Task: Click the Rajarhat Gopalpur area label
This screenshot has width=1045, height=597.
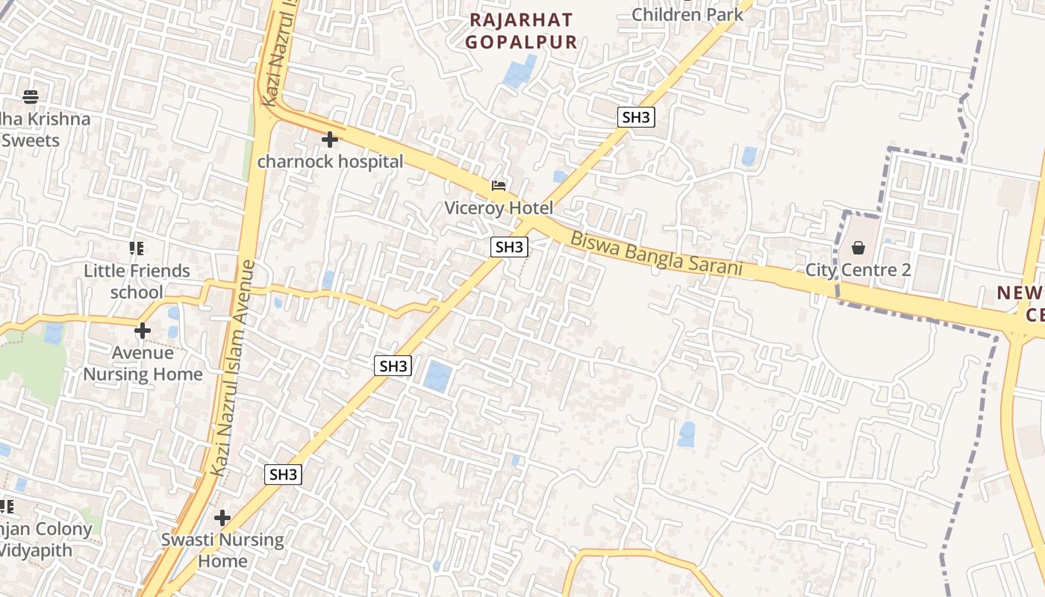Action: [521, 31]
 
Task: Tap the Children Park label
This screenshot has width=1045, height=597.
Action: [687, 13]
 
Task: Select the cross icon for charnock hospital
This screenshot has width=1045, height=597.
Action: [329, 140]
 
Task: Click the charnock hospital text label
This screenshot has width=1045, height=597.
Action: [330, 161]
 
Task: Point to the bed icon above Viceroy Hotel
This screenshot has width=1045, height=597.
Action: [499, 186]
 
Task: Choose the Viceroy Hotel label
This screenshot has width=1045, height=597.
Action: [499, 208]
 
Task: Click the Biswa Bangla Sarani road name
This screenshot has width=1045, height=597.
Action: [657, 254]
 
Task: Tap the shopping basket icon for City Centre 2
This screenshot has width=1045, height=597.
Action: [858, 247]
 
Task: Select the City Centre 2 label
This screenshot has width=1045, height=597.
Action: [858, 269]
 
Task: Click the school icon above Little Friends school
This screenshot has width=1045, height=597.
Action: [136, 249]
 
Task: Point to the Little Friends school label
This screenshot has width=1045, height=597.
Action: [137, 281]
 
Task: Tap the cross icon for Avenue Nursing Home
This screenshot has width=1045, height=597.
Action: [143, 331]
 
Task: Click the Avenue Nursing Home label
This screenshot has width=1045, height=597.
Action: [143, 363]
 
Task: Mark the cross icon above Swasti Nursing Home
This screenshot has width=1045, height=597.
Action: [222, 517]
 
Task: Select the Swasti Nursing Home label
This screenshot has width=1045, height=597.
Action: [222, 550]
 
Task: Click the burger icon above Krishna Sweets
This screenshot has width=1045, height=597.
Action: [31, 96]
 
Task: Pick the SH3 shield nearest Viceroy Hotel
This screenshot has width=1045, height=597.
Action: [509, 247]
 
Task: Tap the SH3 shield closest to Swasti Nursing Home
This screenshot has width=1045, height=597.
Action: [284, 475]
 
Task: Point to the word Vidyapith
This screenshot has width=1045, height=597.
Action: [36, 551]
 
